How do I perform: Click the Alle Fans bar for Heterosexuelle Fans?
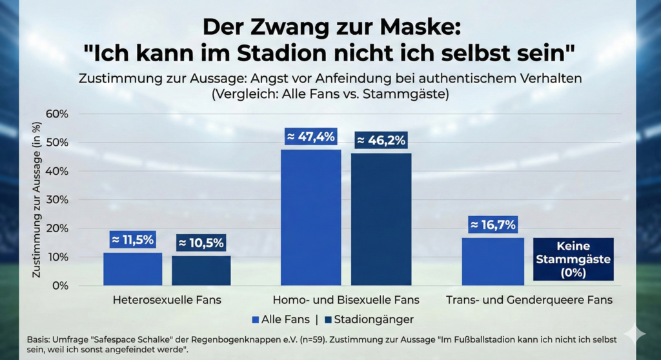click(133, 269)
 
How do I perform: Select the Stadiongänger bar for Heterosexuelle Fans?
click(201, 271)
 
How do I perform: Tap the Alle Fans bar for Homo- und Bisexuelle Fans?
click(310, 217)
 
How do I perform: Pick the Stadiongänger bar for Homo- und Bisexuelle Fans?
click(381, 219)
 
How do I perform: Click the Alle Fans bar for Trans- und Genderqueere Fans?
click(493, 261)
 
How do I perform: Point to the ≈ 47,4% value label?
click(310, 137)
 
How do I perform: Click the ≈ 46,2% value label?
click(381, 139)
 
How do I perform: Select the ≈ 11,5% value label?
click(133, 240)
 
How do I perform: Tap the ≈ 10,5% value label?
click(201, 243)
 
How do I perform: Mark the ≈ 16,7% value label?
click(493, 225)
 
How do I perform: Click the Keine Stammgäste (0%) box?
click(573, 259)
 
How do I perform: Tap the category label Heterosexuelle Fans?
click(167, 300)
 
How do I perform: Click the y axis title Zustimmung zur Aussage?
click(37, 200)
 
